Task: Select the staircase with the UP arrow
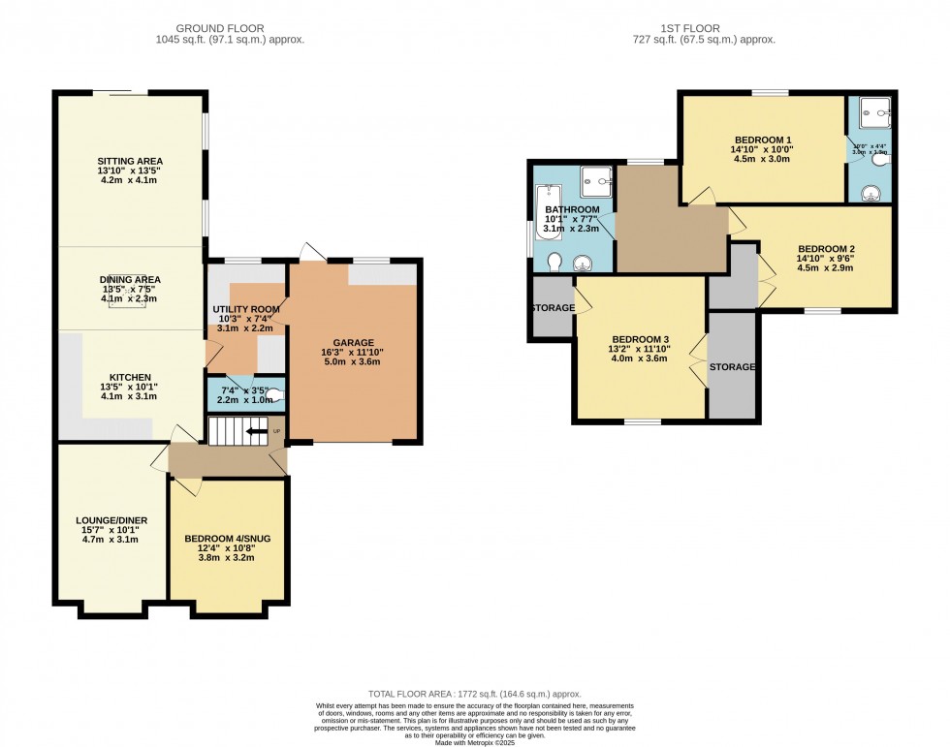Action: coord(237,432)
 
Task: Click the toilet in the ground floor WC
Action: coord(274,394)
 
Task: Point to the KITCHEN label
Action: coord(129,377)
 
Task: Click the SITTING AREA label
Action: coord(129,161)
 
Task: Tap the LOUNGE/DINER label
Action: coord(111,520)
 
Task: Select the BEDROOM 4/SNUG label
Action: coord(226,539)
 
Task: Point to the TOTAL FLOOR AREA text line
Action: coord(474,695)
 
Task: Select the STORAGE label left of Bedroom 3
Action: coord(552,308)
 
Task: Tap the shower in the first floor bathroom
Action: coord(595,179)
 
